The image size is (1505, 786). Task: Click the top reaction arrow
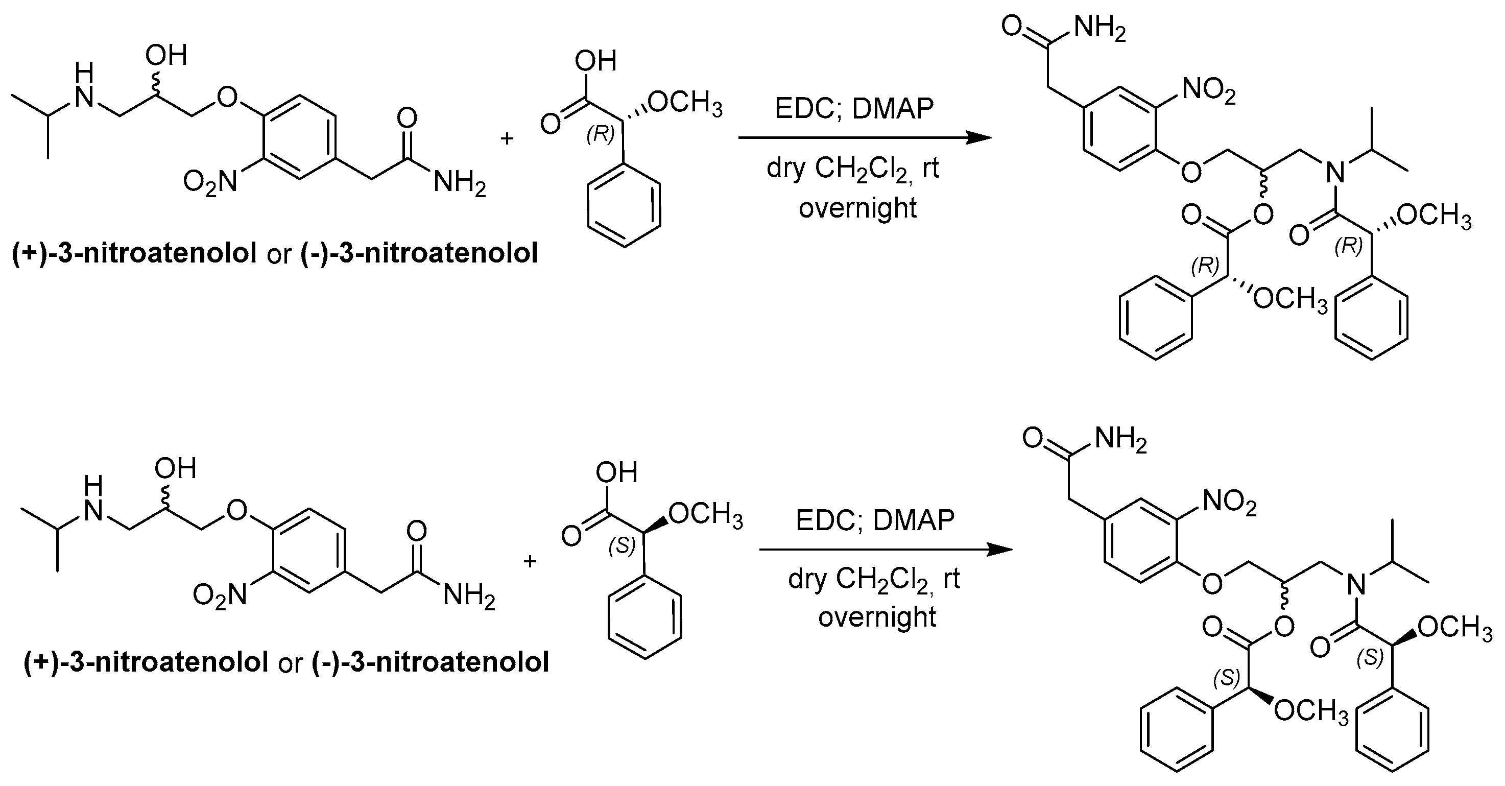point(865,138)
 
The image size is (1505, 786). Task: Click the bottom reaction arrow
point(885,550)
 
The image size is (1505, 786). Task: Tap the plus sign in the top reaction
point(507,139)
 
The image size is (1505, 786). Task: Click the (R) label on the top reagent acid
point(601,134)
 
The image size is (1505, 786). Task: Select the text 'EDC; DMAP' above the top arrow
point(854,109)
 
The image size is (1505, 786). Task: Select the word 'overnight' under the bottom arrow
point(877,617)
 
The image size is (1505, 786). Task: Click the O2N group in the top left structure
point(210,182)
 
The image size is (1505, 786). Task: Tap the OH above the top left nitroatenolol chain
point(166,56)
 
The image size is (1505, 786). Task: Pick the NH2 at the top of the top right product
point(1099,28)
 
